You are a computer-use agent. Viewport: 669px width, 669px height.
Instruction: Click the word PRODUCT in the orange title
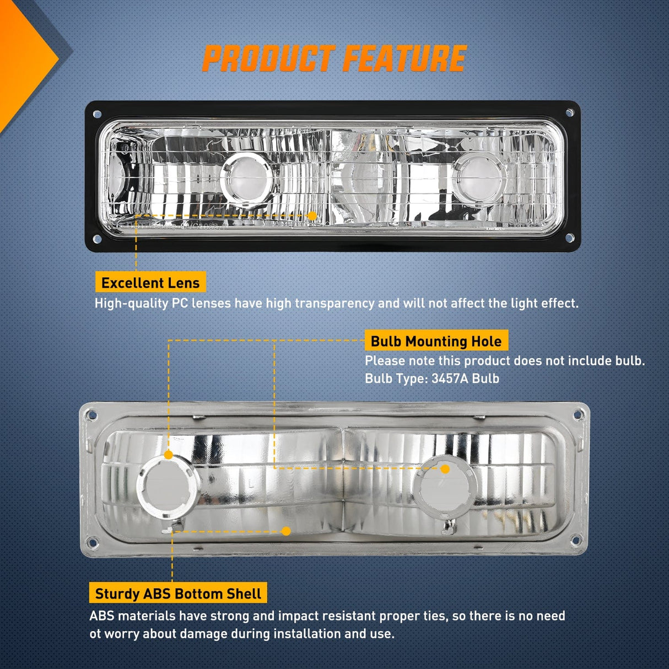pyautogui.click(x=269, y=58)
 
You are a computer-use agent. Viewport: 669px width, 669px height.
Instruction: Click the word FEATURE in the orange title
pyautogui.click(x=404, y=58)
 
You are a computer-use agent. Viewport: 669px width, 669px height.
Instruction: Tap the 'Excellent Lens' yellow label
pyautogui.click(x=150, y=283)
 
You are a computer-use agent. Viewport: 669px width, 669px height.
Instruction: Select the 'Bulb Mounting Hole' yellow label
pyautogui.click(x=436, y=341)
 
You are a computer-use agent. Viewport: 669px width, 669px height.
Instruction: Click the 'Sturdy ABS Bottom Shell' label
pyautogui.click(x=178, y=594)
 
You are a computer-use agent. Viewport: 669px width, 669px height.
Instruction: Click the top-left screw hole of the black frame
pyautogui.click(x=97, y=114)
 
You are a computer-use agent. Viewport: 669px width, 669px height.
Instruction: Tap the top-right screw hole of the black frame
pyautogui.click(x=570, y=112)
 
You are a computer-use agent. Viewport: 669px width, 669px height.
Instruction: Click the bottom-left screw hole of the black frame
pyautogui.click(x=97, y=239)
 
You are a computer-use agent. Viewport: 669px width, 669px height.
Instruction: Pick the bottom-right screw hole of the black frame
pyautogui.click(x=569, y=238)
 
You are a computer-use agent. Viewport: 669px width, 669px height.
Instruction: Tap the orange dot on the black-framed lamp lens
pyautogui.click(x=312, y=216)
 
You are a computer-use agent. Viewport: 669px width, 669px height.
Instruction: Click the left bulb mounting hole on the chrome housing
pyautogui.click(x=169, y=487)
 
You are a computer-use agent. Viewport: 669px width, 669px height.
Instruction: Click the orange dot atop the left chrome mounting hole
pyautogui.click(x=169, y=455)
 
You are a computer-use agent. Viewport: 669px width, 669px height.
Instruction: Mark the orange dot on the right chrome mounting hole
pyautogui.click(x=445, y=470)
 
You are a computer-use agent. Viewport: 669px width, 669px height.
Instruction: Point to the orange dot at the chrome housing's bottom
pyautogui.click(x=286, y=531)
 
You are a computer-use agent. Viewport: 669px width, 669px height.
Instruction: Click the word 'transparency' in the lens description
pyautogui.click(x=334, y=304)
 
